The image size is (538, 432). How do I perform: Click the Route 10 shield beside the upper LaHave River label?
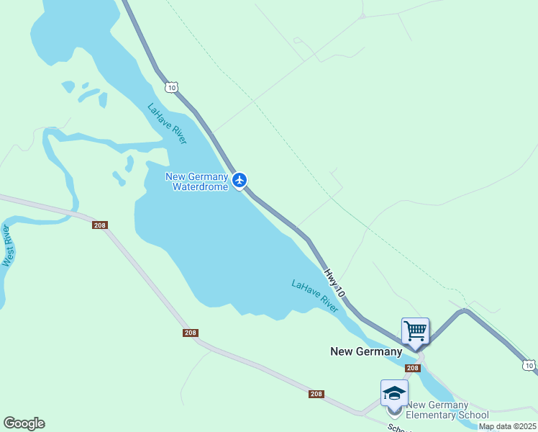pos(170,87)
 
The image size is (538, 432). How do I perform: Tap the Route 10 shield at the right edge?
pos(529,366)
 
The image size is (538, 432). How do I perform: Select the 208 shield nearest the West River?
pos(101,225)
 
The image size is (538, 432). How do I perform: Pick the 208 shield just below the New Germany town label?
pos(412,368)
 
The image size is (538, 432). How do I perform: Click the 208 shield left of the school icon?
pos(316,394)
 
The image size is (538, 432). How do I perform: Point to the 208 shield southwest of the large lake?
pos(191,333)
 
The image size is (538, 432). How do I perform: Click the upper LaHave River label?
pos(167,124)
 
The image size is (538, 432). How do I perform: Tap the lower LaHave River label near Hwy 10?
pos(314,296)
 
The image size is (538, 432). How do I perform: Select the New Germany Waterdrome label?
pos(196,181)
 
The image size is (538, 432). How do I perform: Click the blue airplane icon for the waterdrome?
pos(240,180)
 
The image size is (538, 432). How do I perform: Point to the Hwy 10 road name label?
pos(334,284)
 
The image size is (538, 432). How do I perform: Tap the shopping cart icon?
pos(416,332)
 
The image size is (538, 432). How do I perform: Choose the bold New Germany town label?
pos(366,351)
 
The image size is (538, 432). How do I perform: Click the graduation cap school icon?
pos(394,394)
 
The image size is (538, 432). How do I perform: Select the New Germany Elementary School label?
pos(447,410)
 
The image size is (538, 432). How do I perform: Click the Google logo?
pos(24,423)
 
